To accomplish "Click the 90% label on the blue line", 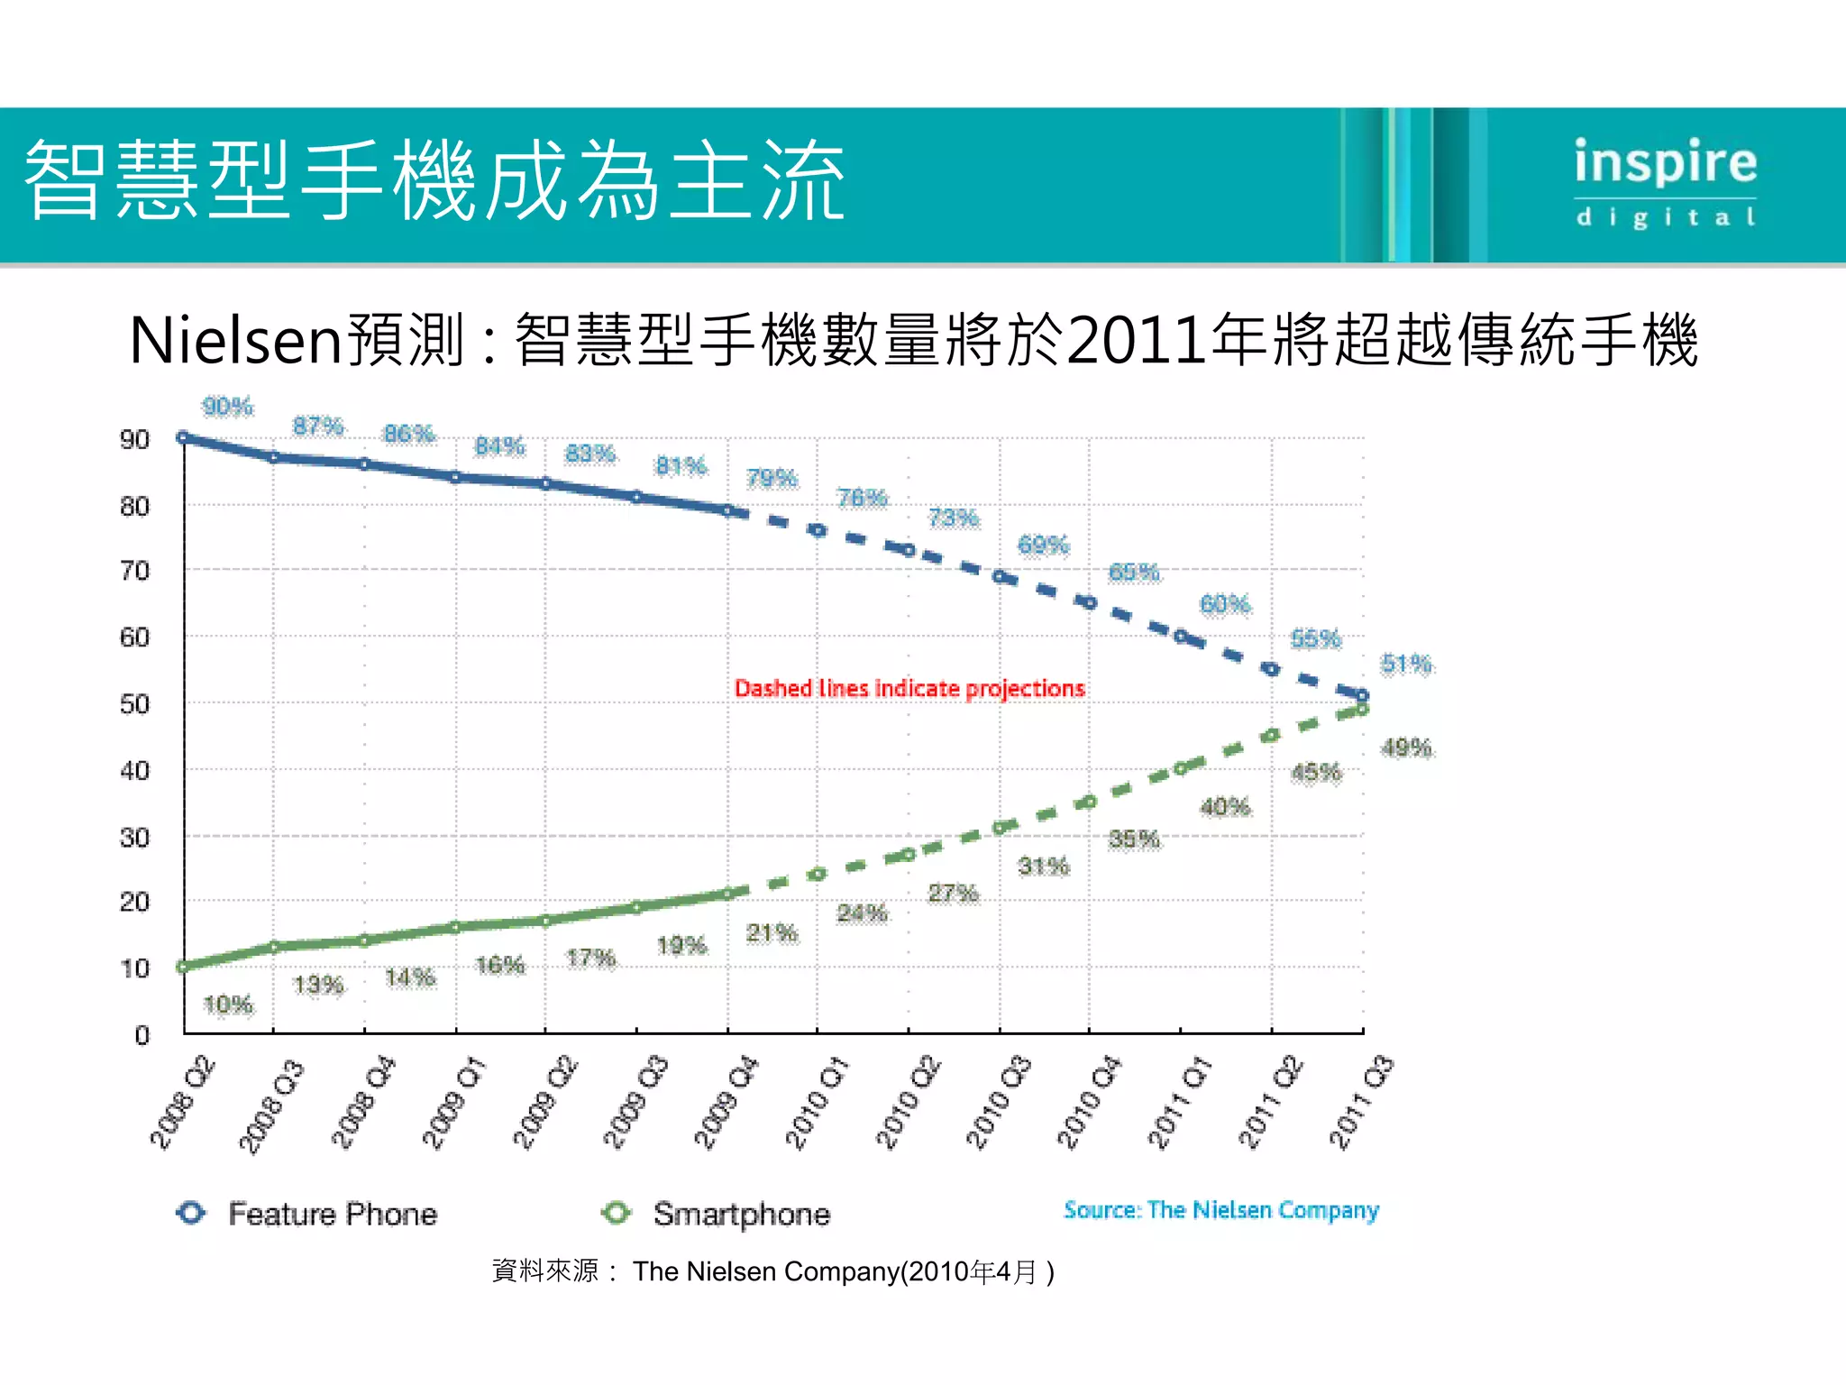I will pos(227,407).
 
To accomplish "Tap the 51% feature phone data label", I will pos(1405,665).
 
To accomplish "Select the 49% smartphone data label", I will pos(1405,748).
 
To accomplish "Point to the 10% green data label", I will pos(227,1004).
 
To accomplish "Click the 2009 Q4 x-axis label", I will pos(726,1102).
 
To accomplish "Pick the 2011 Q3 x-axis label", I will pos(1361,1102).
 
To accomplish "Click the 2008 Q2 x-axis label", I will pos(182,1102).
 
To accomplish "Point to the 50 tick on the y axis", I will pos(134,704).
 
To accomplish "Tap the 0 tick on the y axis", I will pos(142,1035).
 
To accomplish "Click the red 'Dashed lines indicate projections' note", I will pos(909,689).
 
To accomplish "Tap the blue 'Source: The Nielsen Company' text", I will pos(1220,1210).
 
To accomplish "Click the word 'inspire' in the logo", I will pos(1665,163).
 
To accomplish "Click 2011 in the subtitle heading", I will pos(1136,341).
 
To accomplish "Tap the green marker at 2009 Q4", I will pos(728,894).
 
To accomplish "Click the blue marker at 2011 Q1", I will pos(1180,637).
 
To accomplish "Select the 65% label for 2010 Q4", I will pos(1133,573).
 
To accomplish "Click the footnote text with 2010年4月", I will pos(773,1271).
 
